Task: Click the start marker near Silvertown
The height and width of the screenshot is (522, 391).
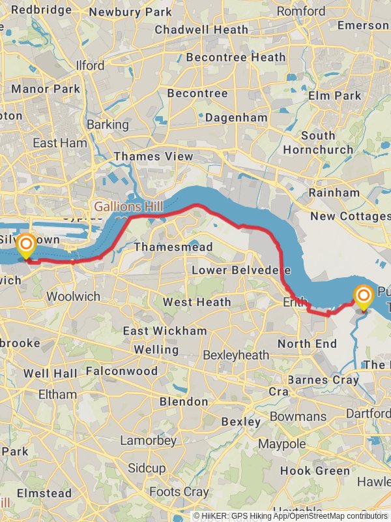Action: point(26,247)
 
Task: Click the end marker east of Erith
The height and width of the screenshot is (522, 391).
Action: point(363,298)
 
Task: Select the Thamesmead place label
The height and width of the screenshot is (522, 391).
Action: point(164,247)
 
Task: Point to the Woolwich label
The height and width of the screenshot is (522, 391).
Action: point(73,296)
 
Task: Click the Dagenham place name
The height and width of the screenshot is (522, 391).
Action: point(236,118)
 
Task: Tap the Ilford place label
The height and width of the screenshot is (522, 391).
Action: point(90,66)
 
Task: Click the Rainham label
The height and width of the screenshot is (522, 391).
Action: point(334,192)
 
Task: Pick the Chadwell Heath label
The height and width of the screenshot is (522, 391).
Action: point(201,29)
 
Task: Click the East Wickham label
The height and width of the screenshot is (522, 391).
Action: point(165,331)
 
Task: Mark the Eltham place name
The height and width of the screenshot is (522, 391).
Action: point(57,394)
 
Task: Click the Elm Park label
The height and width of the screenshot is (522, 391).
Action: point(334,95)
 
